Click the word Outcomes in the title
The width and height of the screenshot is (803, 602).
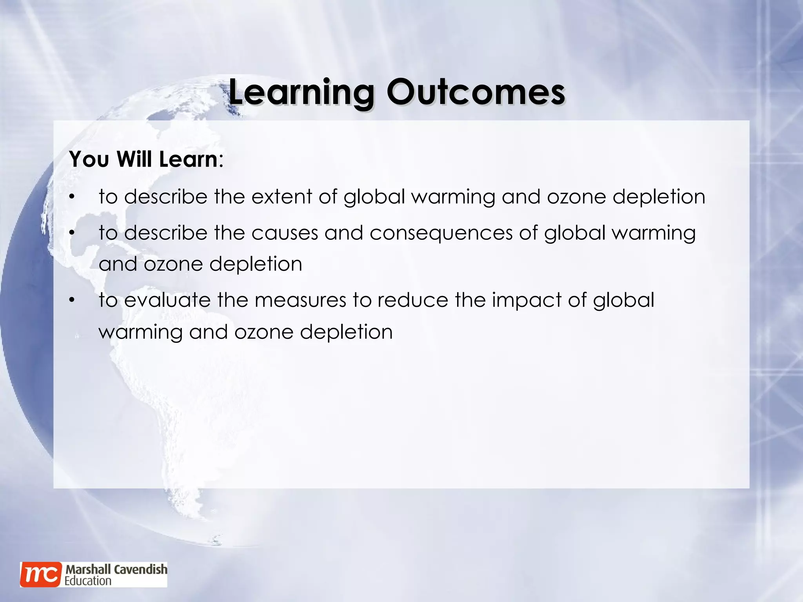click(x=476, y=92)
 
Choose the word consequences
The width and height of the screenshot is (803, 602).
click(x=441, y=233)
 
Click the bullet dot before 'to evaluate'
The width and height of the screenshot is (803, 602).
click(x=71, y=301)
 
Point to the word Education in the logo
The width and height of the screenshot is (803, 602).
click(x=88, y=581)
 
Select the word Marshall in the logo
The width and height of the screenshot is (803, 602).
click(x=89, y=569)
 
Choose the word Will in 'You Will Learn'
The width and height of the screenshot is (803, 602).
click(x=134, y=160)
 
